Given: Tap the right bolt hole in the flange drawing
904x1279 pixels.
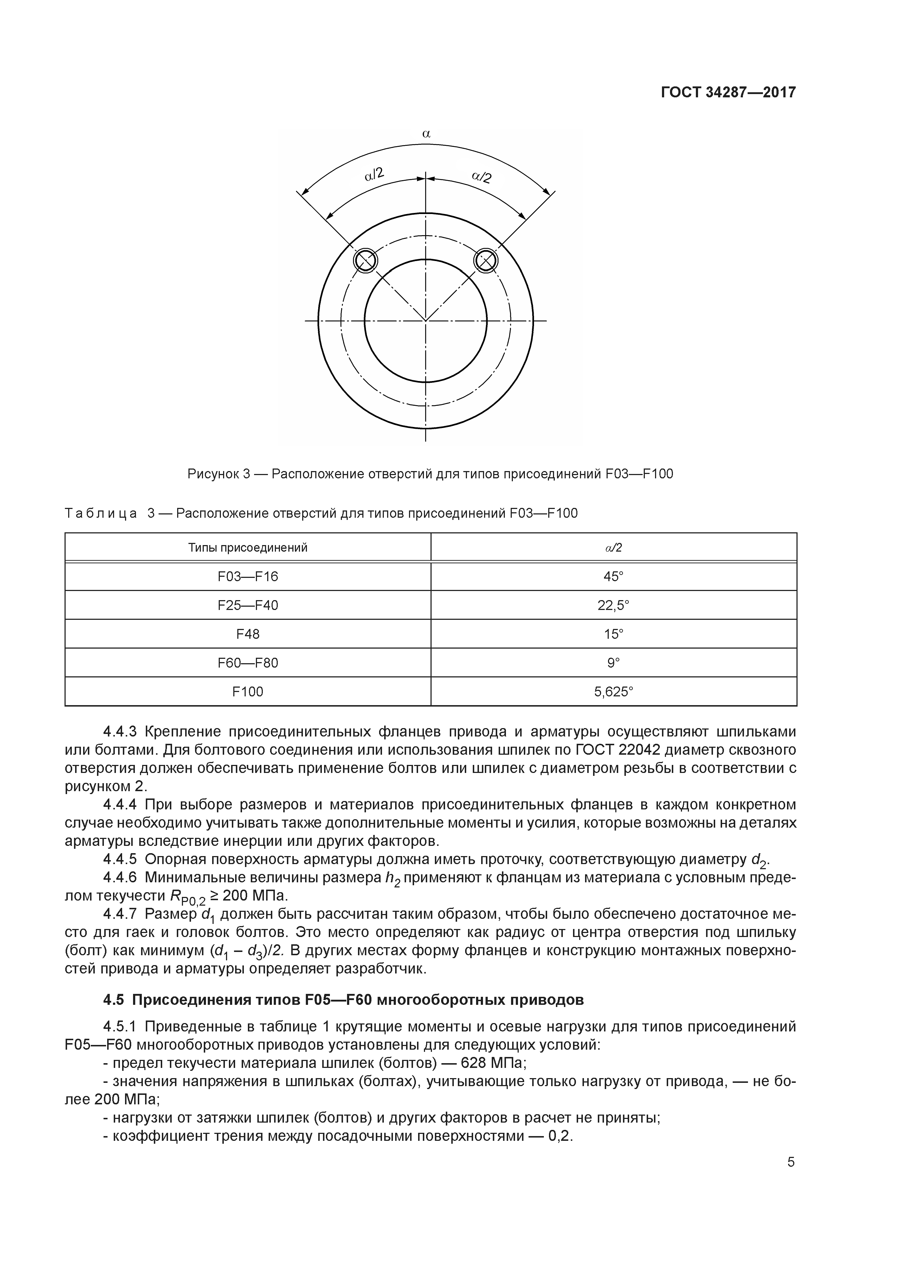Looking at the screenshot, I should pos(486,260).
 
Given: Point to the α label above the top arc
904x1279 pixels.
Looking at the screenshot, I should pos(426,134).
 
